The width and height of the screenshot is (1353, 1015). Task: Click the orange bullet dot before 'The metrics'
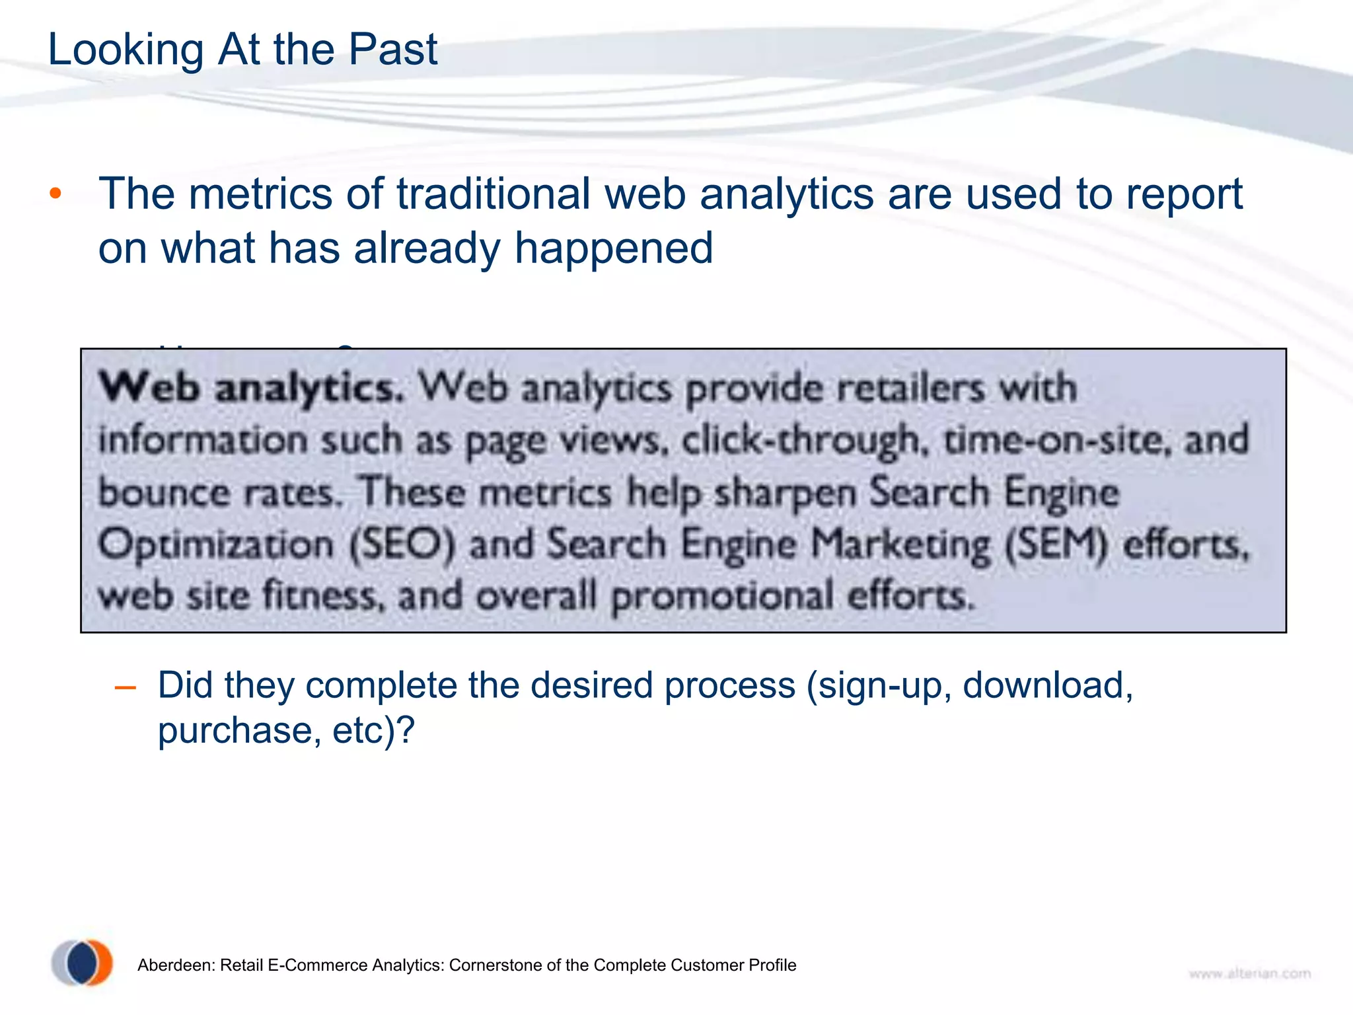(55, 194)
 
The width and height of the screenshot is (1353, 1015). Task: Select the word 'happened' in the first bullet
(614, 248)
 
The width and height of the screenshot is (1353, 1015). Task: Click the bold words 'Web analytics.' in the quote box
(251, 388)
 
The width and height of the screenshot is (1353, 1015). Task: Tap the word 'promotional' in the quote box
(721, 597)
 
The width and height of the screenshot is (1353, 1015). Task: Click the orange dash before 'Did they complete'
(125, 688)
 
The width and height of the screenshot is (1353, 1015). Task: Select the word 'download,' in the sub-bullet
(1048, 685)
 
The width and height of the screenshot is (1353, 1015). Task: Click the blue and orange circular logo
(83, 962)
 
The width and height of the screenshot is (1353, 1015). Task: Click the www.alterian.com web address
(1249, 973)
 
